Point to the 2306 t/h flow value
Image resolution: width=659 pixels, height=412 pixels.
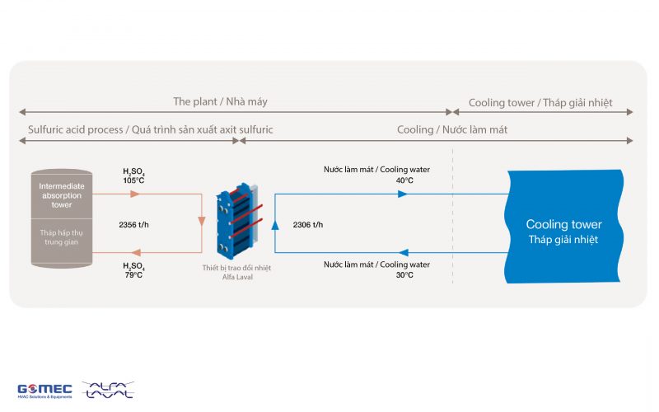308,224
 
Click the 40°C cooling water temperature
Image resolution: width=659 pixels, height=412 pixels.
404,181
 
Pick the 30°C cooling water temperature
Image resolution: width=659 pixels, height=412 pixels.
404,275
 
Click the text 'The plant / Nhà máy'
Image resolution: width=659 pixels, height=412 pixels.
220,101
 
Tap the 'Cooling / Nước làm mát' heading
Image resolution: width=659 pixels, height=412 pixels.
452,130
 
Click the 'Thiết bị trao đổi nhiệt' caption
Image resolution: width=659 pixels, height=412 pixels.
236,268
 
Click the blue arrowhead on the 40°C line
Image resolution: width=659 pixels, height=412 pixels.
402,194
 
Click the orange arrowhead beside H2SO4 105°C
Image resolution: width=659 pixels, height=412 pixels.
135,194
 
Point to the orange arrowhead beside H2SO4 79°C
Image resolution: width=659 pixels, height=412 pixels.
134,253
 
